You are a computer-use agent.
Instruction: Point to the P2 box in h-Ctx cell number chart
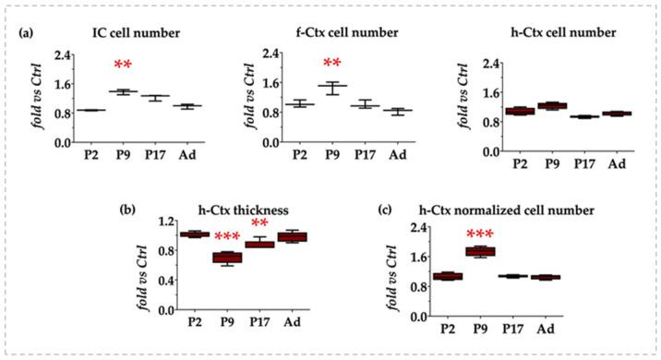[x=518, y=111]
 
